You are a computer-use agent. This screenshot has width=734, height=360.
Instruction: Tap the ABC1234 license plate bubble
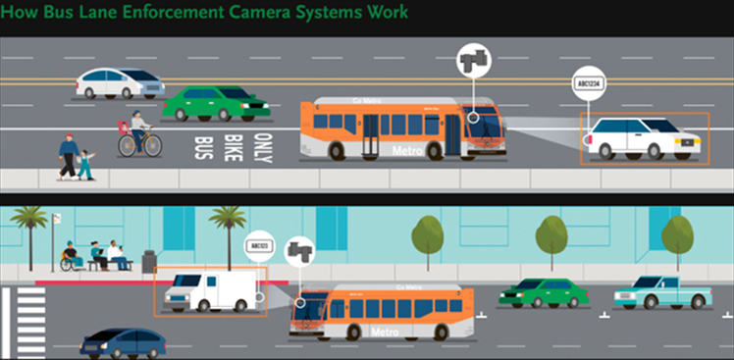click(590, 84)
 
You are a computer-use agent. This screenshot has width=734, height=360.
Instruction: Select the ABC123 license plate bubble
click(258, 245)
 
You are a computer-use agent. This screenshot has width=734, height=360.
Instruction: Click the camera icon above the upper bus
click(473, 61)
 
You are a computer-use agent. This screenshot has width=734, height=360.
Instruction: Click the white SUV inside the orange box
click(643, 138)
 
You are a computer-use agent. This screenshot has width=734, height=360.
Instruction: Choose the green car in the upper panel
click(215, 102)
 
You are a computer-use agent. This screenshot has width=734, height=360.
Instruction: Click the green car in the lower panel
click(543, 291)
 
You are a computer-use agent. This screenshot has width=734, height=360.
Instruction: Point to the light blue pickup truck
click(661, 291)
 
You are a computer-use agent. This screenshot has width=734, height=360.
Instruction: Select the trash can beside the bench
click(149, 261)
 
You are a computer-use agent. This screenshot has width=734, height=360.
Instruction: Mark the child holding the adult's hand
click(87, 165)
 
